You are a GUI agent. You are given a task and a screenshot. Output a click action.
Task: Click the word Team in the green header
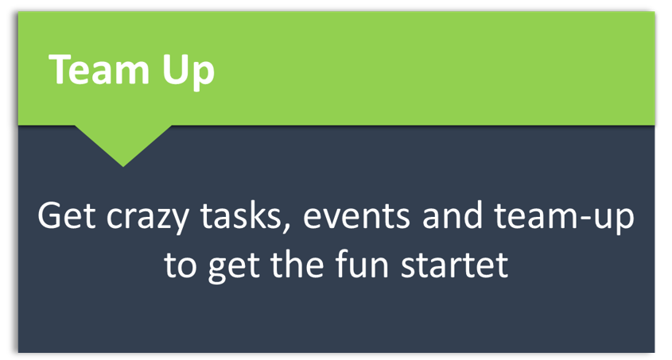[99, 69]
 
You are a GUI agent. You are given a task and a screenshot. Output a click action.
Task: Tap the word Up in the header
[188, 72]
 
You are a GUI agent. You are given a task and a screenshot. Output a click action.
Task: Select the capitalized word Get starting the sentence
[67, 215]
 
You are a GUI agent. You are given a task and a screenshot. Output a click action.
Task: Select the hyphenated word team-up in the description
[564, 219]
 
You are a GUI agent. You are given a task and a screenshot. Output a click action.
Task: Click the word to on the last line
[180, 265]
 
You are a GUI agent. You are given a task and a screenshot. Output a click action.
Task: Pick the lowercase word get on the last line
[234, 268]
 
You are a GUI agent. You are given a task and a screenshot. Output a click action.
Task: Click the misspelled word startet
[454, 265]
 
